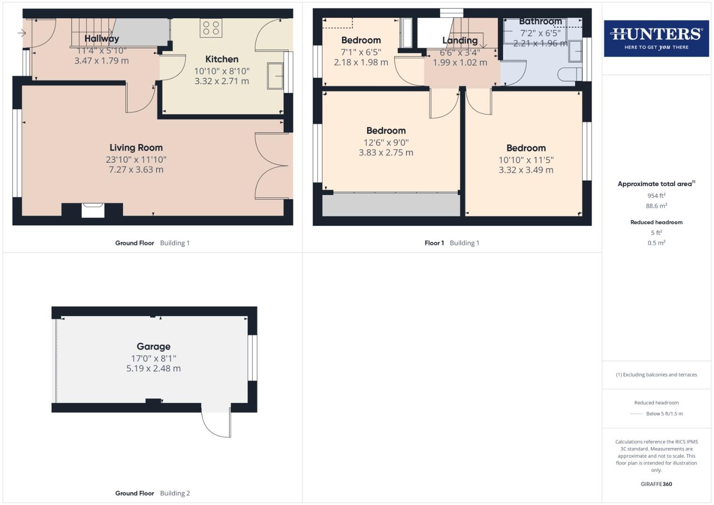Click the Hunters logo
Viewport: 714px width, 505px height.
pyautogui.click(x=656, y=38)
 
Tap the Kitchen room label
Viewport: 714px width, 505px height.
pyautogui.click(x=222, y=59)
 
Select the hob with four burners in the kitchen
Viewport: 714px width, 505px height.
pyautogui.click(x=211, y=28)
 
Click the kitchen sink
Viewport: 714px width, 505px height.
pyautogui.click(x=275, y=76)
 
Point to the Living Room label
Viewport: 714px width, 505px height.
pyautogui.click(x=136, y=148)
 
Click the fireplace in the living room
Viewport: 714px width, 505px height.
pyautogui.click(x=93, y=210)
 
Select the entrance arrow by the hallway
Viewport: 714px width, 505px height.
pyautogui.click(x=22, y=33)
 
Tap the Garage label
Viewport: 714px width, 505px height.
pyautogui.click(x=153, y=346)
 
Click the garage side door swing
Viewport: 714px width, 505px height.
pyautogui.click(x=216, y=423)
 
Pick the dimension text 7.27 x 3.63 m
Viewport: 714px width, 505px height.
pyautogui.click(x=136, y=170)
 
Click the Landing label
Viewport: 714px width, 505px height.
pyautogui.click(x=460, y=41)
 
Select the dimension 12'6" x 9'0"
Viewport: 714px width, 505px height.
pyautogui.click(x=386, y=143)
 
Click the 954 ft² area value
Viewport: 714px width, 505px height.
pyautogui.click(x=656, y=196)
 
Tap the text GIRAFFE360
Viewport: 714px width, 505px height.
pyautogui.click(x=656, y=484)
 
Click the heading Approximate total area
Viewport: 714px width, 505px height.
pyautogui.click(x=656, y=184)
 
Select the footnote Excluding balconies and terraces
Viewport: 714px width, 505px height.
pyautogui.click(x=656, y=375)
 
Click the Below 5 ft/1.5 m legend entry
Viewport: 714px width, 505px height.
pyautogui.click(x=664, y=414)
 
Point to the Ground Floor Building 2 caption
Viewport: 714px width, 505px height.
pyautogui.click(x=152, y=493)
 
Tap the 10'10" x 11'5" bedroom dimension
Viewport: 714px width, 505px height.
pyautogui.click(x=526, y=160)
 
